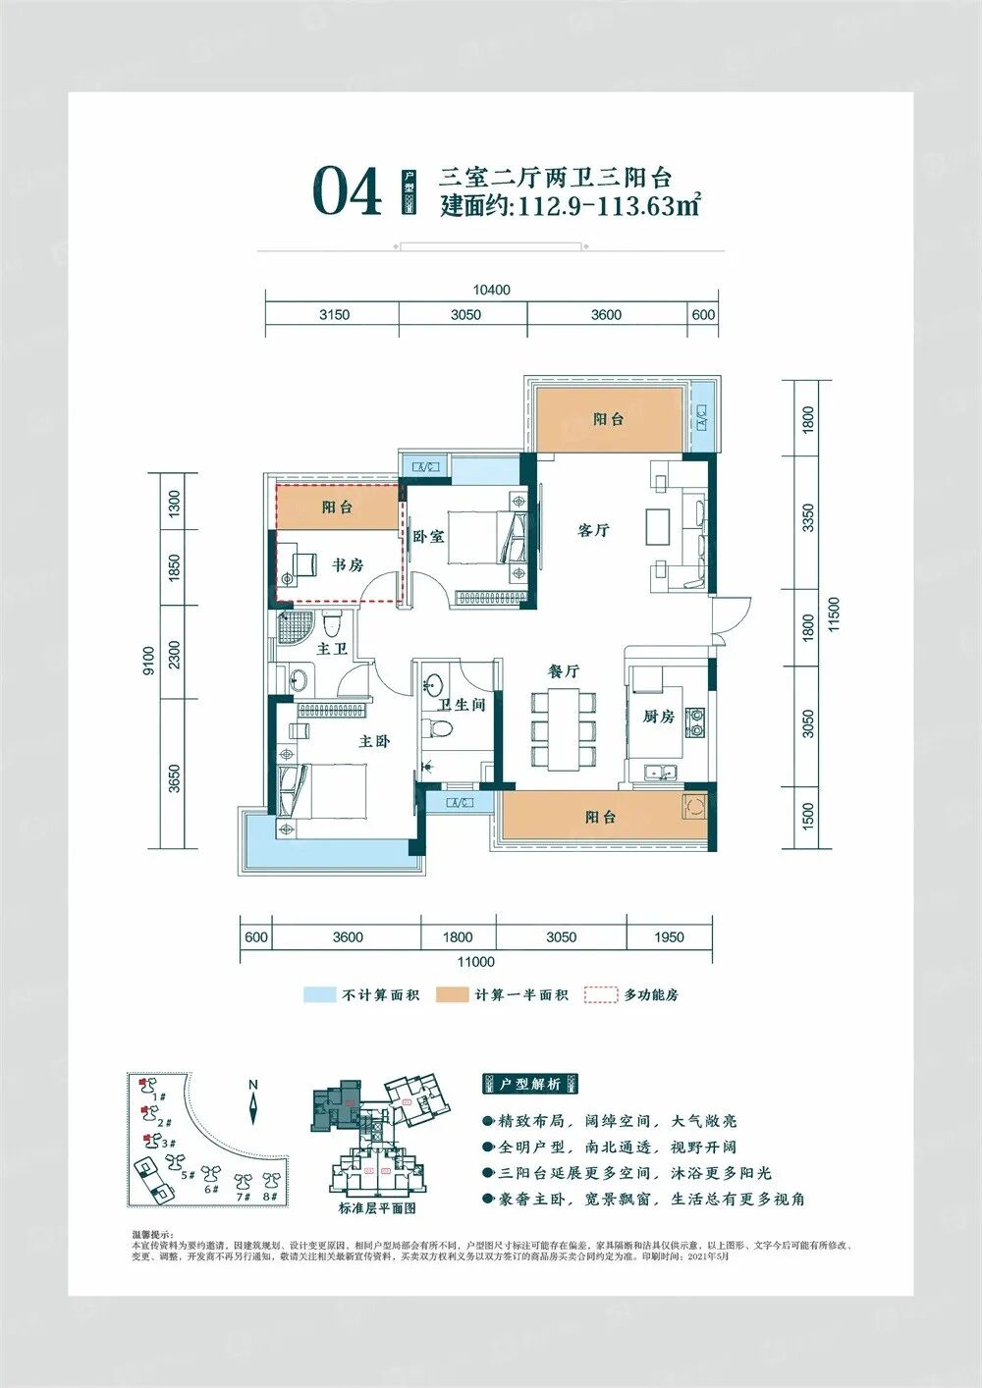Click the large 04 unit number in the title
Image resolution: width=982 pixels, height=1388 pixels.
click(x=347, y=192)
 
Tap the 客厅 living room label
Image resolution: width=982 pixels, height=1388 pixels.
click(x=593, y=530)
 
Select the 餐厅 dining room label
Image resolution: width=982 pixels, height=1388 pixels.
click(x=563, y=671)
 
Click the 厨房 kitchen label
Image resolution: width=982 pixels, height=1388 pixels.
click(x=658, y=717)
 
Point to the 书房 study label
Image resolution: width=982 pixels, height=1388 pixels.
click(x=347, y=564)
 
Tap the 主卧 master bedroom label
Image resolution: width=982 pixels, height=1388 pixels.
click(x=373, y=741)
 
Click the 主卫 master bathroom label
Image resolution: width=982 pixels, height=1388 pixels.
click(x=332, y=649)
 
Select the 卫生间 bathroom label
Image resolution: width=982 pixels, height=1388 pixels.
click(x=462, y=704)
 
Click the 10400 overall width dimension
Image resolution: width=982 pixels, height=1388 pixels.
click(x=491, y=290)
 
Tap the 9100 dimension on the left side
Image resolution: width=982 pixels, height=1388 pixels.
click(x=148, y=661)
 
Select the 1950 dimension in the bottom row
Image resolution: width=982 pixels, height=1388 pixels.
click(x=669, y=937)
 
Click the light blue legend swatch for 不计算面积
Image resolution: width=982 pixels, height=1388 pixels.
click(x=319, y=994)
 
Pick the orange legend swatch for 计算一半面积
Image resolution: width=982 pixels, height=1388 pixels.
click(x=453, y=994)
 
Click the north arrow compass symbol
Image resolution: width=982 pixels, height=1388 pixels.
click(x=253, y=1105)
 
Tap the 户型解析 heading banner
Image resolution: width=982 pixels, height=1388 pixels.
click(x=530, y=1084)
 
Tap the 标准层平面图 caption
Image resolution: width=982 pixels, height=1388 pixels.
click(x=377, y=1208)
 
